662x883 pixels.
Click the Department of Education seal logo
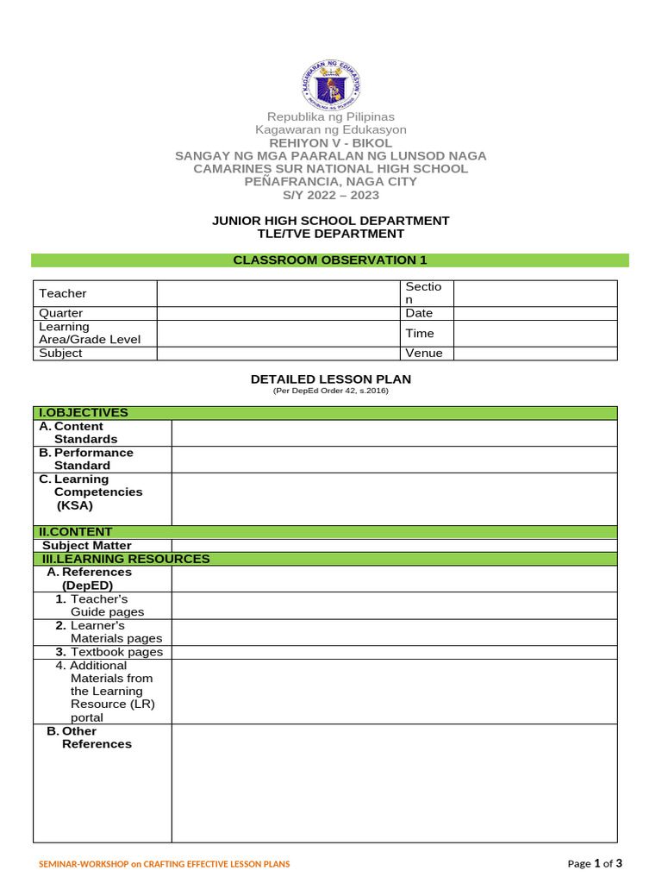[x=331, y=84]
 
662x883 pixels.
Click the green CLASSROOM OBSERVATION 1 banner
[x=330, y=260]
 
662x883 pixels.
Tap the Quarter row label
[x=61, y=314]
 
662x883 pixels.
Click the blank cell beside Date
[x=534, y=314]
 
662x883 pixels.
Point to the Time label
[x=420, y=334]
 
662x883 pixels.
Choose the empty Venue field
[x=534, y=354]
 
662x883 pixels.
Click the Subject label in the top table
[x=61, y=354]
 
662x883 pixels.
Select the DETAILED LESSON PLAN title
[x=330, y=379]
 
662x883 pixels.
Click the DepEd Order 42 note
[x=330, y=391]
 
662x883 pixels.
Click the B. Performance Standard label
[x=86, y=459]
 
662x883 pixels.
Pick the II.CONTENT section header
[x=78, y=532]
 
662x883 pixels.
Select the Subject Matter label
[x=87, y=545]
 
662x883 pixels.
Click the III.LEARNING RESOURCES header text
[x=126, y=559]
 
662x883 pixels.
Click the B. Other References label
[x=90, y=737]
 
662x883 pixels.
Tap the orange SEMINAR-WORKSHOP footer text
[x=165, y=864]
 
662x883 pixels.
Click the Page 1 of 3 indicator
[x=594, y=863]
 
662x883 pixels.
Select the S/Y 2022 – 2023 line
[x=330, y=195]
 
